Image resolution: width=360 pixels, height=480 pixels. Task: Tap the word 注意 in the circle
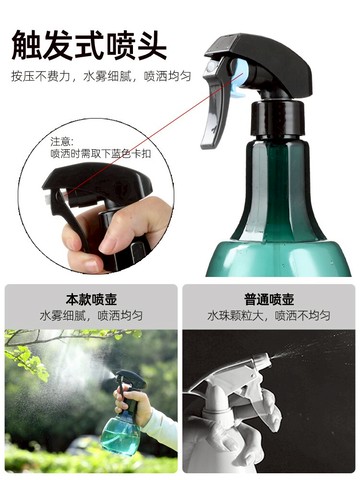point(63,141)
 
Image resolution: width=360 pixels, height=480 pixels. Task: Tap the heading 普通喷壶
point(268,299)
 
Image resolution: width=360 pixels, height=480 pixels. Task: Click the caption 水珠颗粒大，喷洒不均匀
point(268,315)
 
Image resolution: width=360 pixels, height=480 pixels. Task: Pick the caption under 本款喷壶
point(90,315)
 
